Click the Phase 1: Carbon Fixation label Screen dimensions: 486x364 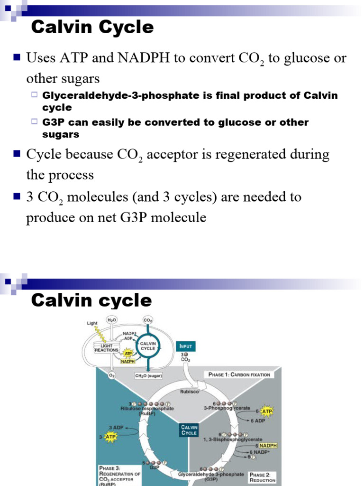coord(239,374)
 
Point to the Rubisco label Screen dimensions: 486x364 coord(190,392)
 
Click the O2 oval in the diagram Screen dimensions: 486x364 coord(111,375)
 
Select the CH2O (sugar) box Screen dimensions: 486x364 coord(148,376)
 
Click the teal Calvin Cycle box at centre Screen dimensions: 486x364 coord(189,430)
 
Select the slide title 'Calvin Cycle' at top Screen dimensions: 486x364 coord(92,28)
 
